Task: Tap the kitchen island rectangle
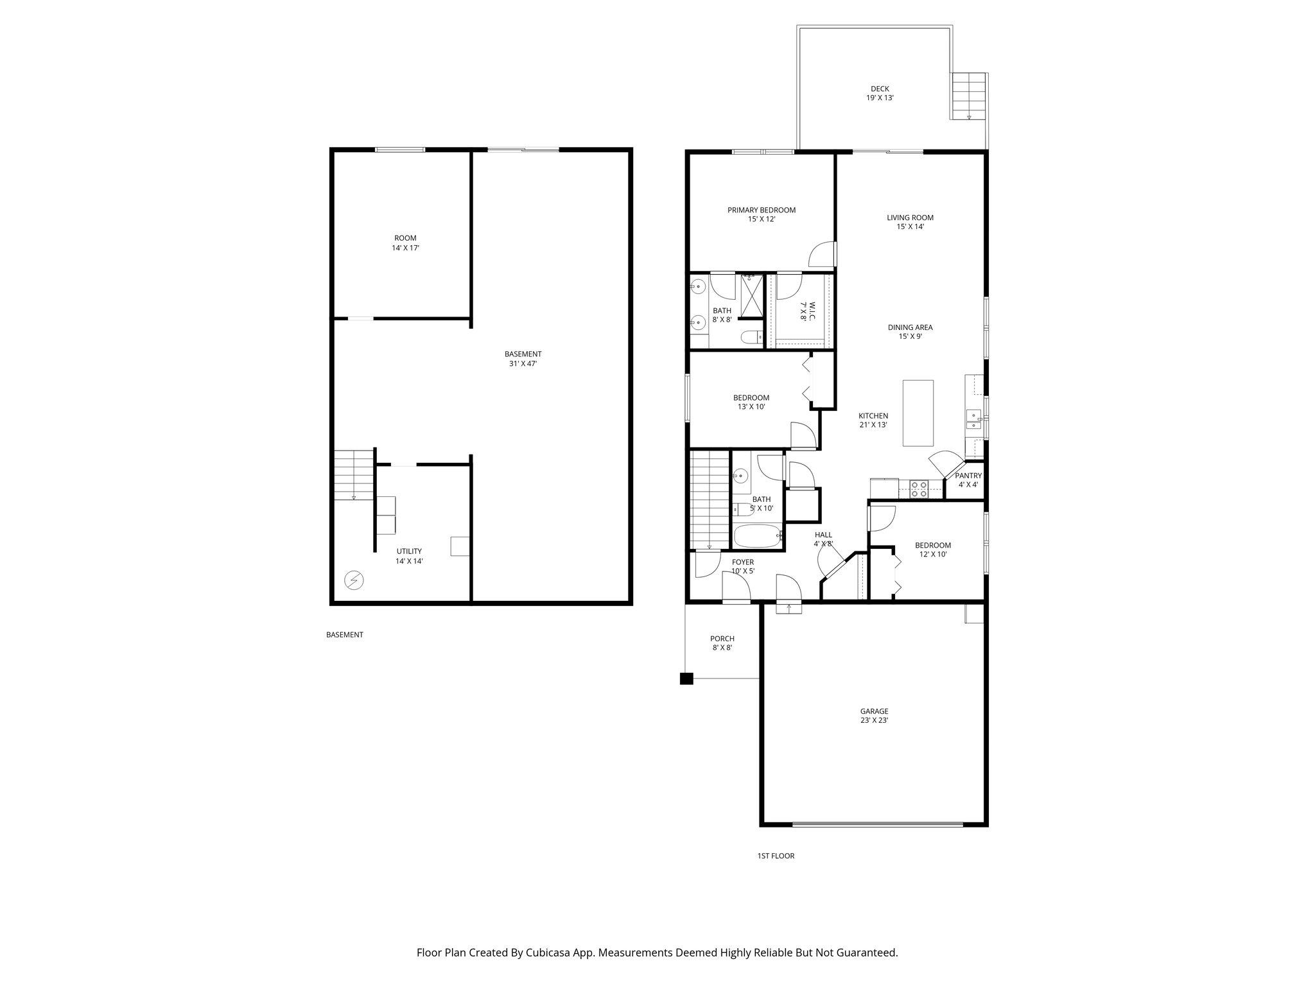918,413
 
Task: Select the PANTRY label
968,476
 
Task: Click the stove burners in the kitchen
918,489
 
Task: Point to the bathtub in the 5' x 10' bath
758,535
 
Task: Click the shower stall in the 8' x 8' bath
751,296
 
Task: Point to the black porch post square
686,679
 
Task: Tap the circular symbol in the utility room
354,581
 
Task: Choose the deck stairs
968,96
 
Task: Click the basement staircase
353,475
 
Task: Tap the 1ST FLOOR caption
776,856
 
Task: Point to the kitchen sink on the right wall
973,419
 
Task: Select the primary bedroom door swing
823,254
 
